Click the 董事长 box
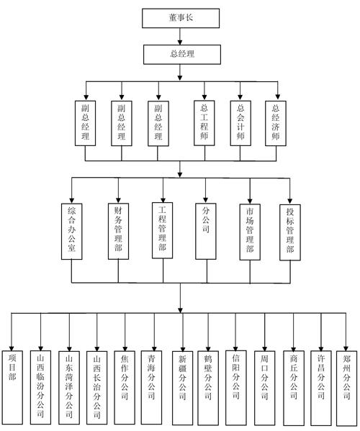point(181,18)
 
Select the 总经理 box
point(181,55)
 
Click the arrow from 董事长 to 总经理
point(180,36)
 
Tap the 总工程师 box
point(204,123)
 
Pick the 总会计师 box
point(240,123)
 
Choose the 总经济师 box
point(276,123)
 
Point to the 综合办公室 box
point(72,232)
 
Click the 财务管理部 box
point(118,232)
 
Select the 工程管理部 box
point(163,231)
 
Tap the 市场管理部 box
point(250,232)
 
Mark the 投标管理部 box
point(290,232)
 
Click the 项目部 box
point(12,388)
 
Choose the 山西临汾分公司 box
point(40,388)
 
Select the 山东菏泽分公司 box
point(69,388)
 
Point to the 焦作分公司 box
point(125,388)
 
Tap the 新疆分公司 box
point(183,388)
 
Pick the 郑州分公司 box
point(347,389)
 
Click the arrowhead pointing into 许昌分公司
point(321,348)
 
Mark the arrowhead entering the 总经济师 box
point(278,97)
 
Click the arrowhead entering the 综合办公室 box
point(72,200)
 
